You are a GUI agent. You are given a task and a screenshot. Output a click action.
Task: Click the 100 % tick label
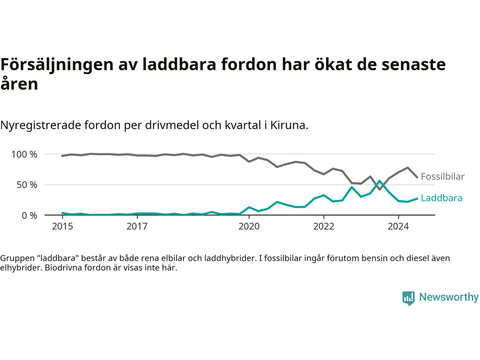click(x=24, y=154)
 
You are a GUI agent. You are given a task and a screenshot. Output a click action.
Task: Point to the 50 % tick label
click(x=27, y=185)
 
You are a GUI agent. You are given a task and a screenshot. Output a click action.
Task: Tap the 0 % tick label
click(x=30, y=216)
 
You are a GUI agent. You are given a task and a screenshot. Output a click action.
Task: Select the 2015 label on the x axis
click(x=62, y=226)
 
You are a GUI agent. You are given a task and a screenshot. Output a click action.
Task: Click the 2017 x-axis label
click(x=137, y=226)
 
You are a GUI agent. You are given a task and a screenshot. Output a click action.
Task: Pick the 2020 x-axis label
click(x=249, y=226)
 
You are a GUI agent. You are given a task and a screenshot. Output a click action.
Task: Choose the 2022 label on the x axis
click(x=324, y=226)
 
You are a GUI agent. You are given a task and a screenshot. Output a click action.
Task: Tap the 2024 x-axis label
click(x=398, y=226)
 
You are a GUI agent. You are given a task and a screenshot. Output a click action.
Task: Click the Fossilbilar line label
click(x=442, y=176)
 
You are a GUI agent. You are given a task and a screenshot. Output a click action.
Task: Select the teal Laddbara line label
click(x=441, y=198)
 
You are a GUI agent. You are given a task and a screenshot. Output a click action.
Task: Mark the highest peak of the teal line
click(x=379, y=181)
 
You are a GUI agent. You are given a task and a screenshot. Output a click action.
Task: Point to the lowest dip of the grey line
click(x=379, y=189)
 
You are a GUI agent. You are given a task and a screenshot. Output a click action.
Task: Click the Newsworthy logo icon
click(x=408, y=298)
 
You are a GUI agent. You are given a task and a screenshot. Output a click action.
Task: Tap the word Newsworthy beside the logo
click(x=449, y=297)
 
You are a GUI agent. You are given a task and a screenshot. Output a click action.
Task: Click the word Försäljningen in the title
click(x=57, y=64)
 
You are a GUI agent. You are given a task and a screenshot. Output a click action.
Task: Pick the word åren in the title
click(x=19, y=84)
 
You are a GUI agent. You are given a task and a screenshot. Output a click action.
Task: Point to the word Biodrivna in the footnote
click(x=62, y=268)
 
